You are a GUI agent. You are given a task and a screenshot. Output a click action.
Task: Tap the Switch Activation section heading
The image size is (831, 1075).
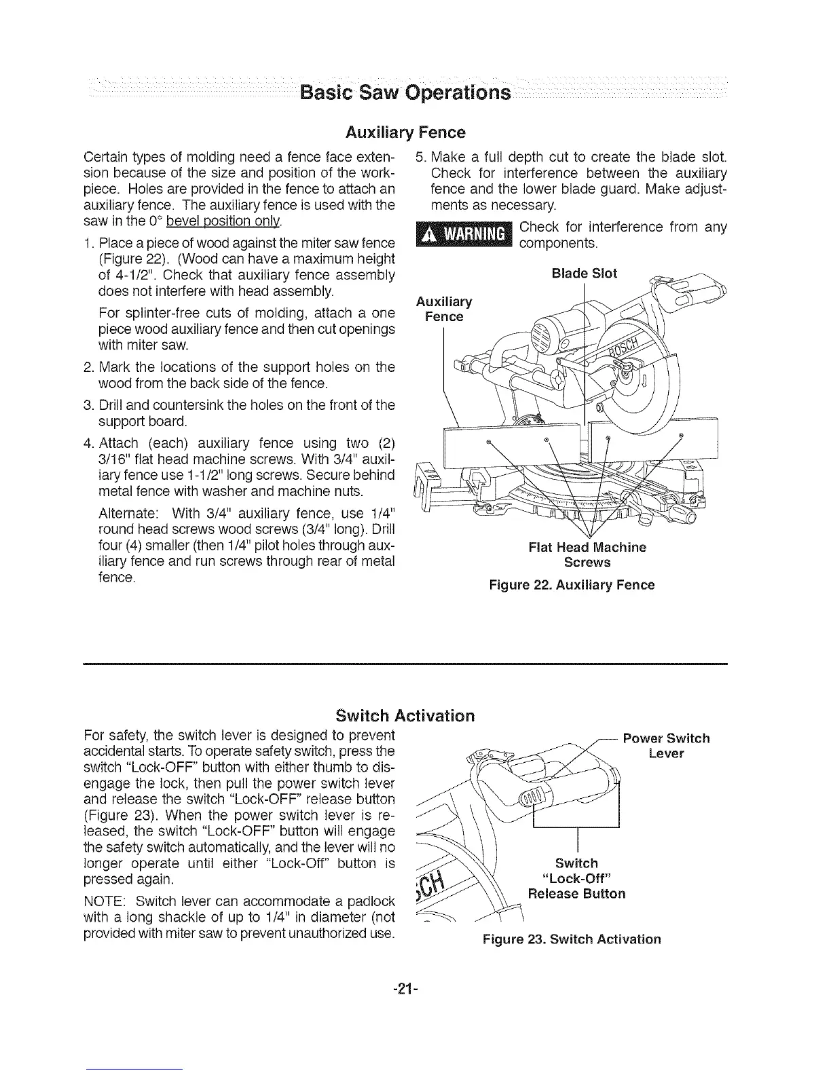coord(405,716)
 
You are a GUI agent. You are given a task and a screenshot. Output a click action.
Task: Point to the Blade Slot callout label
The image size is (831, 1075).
coord(585,274)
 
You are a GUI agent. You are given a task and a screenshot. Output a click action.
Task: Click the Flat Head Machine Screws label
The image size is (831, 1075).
coord(587,554)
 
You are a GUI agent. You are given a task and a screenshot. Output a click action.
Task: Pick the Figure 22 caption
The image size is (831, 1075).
coord(572,585)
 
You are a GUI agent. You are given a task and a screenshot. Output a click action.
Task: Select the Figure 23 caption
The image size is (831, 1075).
coord(571,939)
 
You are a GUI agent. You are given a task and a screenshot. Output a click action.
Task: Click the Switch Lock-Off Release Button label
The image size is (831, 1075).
coord(576,878)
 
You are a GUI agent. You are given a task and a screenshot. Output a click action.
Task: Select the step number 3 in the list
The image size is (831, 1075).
coord(88,405)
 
